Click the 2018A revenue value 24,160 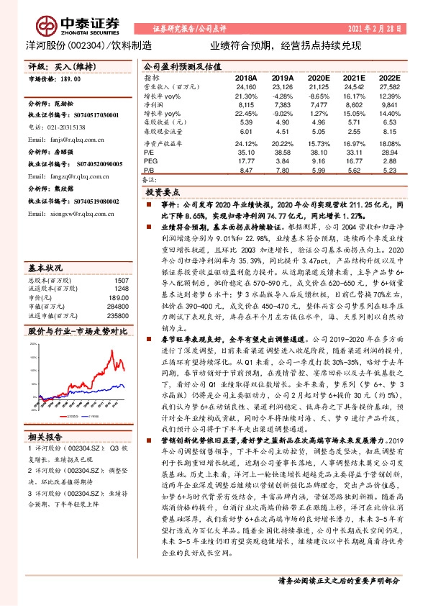pos(246,86)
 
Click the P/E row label pos(150,153)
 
